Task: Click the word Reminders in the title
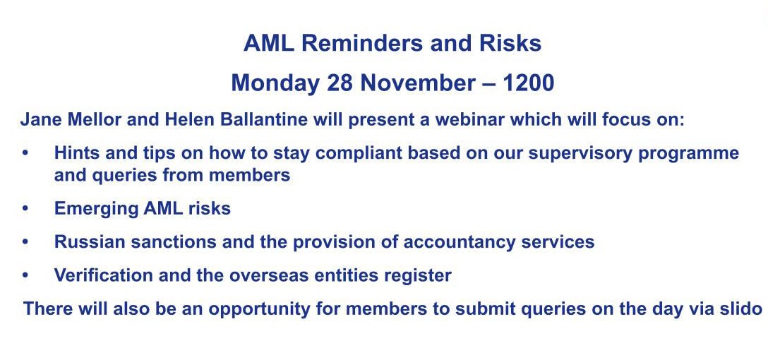[363, 43]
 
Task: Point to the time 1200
[528, 83]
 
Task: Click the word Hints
[72, 152]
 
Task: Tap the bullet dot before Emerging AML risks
[25, 209]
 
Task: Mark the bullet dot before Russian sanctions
[25, 242]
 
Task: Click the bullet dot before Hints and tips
[25, 153]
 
